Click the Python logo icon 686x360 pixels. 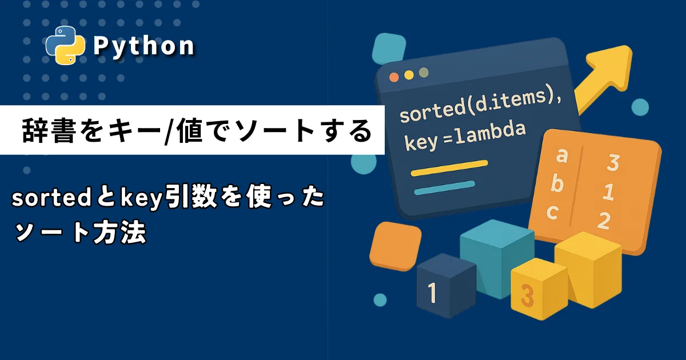[65, 45]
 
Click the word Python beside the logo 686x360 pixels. [143, 46]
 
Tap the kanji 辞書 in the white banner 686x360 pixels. [49, 131]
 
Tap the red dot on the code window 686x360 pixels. [394, 77]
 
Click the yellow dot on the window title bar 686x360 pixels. [409, 75]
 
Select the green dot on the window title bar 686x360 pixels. [424, 73]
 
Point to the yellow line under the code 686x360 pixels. [449, 168]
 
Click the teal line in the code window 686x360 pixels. [444, 188]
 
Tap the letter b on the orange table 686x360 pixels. [557, 184]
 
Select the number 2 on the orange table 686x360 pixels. [604, 221]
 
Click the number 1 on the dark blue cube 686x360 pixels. [432, 293]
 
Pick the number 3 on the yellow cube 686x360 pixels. [527, 295]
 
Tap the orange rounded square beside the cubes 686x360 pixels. [396, 246]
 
